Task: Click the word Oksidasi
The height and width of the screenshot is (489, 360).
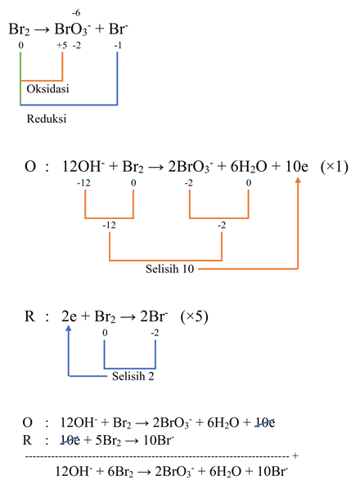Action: coord(47,89)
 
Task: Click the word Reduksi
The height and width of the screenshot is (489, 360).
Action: coord(47,119)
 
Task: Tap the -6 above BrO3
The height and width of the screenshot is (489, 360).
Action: coord(76,13)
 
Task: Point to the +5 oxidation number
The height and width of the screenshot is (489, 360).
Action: coord(61,46)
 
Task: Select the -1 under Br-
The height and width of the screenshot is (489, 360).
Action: coord(118,46)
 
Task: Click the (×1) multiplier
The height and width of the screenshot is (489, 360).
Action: coord(334,167)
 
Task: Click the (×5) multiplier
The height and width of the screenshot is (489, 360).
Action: coord(194,316)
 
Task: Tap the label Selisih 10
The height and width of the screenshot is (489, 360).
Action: coord(169,269)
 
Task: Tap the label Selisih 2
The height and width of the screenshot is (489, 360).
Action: coord(133,376)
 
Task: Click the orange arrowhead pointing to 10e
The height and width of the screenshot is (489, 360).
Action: coord(298,180)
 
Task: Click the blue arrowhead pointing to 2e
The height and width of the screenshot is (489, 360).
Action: coord(69,329)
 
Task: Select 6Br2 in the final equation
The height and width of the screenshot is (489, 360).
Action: coord(120,471)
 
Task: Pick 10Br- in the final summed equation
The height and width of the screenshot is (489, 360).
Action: coord(272,471)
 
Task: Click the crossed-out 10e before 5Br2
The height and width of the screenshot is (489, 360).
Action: coord(70,440)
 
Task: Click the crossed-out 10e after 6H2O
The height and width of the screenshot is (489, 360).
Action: coord(265,423)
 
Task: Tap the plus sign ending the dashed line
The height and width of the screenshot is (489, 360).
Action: coord(295,456)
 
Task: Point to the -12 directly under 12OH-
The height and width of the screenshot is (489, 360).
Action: coord(83,182)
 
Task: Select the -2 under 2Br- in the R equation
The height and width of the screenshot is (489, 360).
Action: coord(155,333)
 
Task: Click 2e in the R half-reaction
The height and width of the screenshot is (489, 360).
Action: coord(69,316)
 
